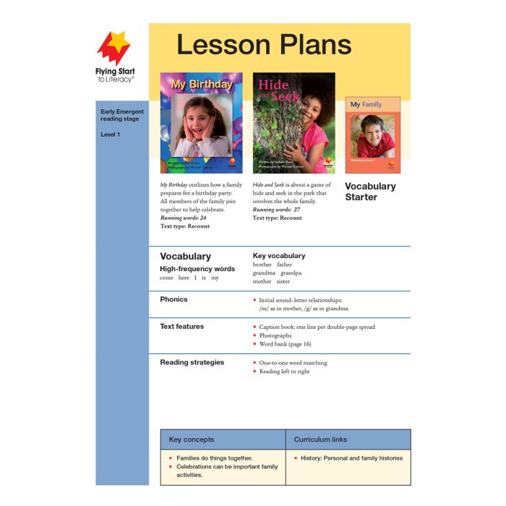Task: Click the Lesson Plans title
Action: (x=264, y=45)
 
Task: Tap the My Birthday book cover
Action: (x=201, y=122)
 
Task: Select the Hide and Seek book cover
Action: (x=293, y=122)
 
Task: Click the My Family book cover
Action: (x=372, y=135)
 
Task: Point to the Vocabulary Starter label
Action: (x=370, y=192)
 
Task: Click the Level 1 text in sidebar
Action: (x=111, y=134)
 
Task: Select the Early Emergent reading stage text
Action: (x=122, y=116)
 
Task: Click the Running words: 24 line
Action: (x=183, y=218)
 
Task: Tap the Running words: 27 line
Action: (x=276, y=210)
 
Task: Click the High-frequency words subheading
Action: (x=197, y=269)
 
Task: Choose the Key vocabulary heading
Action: (x=279, y=256)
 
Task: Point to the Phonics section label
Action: (x=173, y=299)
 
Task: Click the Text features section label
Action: (x=181, y=327)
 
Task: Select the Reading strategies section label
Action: (x=192, y=362)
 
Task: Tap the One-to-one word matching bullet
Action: (x=293, y=363)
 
